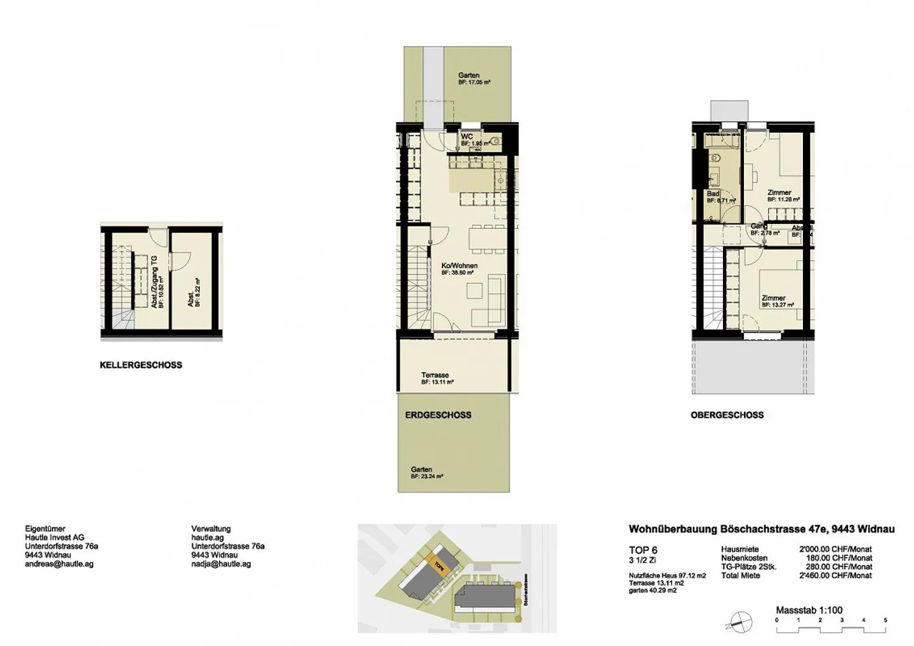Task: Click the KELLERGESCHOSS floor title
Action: [x=140, y=365]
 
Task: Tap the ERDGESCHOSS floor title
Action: [x=438, y=415]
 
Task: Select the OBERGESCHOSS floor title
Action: [x=727, y=415]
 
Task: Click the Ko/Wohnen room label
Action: [x=459, y=266]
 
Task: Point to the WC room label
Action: [x=467, y=136]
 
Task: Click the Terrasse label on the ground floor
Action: [x=435, y=375]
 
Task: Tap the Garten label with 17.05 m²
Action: [x=468, y=76]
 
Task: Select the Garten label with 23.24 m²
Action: [x=421, y=470]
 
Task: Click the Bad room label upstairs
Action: [x=713, y=194]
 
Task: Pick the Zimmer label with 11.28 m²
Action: [x=779, y=192]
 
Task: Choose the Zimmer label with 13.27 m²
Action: [x=773, y=298]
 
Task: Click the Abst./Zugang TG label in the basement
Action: [x=154, y=282]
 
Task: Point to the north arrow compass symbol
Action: [x=740, y=621]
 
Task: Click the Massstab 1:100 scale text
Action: [x=809, y=610]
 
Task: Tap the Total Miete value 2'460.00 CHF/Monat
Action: [x=835, y=576]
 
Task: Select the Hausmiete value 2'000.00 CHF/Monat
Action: [x=835, y=549]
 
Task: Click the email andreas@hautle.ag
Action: [x=59, y=564]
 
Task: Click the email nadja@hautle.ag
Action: [x=221, y=564]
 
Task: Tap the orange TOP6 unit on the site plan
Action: [x=437, y=562]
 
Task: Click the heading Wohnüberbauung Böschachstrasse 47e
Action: [x=761, y=529]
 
